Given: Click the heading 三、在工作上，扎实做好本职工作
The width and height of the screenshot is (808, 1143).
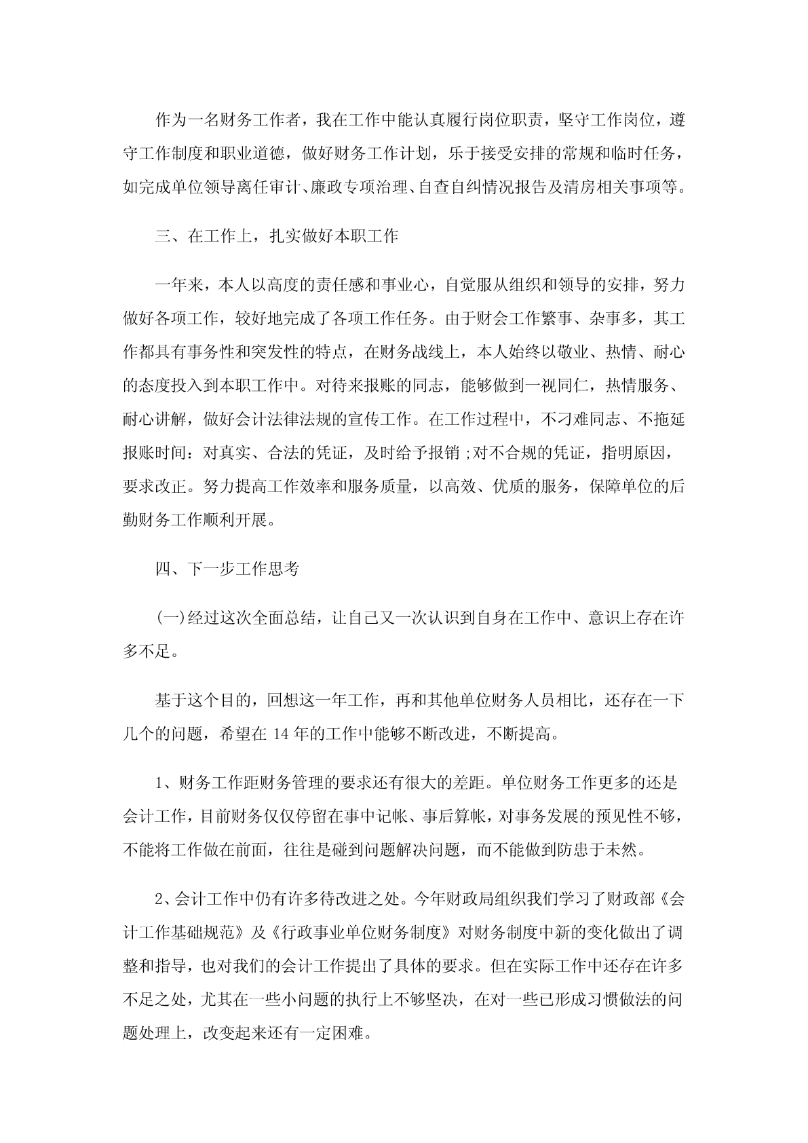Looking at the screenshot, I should click(277, 236).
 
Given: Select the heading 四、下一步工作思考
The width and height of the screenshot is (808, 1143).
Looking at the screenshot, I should click(227, 569).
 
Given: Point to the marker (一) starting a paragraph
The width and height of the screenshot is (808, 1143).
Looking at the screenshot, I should click(167, 618).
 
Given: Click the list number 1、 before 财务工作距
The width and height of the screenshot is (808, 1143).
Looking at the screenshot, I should click(167, 783).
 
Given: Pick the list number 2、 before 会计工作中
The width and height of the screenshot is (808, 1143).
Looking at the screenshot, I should click(166, 901).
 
